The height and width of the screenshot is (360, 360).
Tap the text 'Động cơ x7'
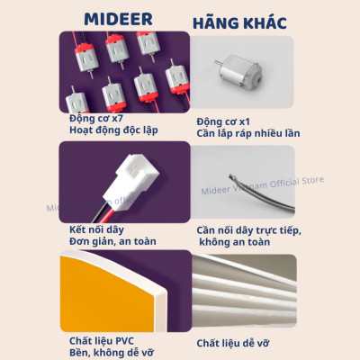click(x=98, y=118)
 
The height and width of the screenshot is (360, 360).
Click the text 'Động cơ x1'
click(x=226, y=120)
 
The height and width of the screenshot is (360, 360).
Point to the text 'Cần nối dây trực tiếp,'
click(x=249, y=231)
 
